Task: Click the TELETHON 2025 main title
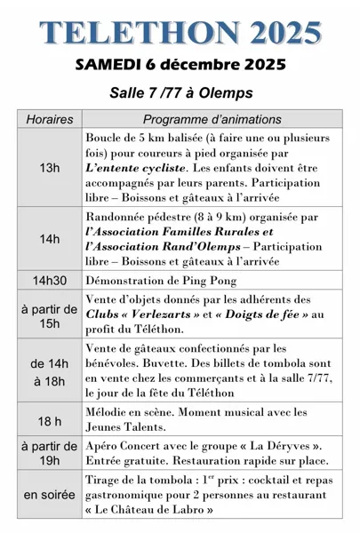click(180, 32)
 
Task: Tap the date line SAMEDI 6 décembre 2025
click(180, 65)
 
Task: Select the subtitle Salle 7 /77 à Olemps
click(180, 93)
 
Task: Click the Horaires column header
click(50, 119)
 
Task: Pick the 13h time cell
click(50, 168)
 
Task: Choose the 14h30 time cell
click(50, 280)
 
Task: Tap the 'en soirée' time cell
click(50, 494)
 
